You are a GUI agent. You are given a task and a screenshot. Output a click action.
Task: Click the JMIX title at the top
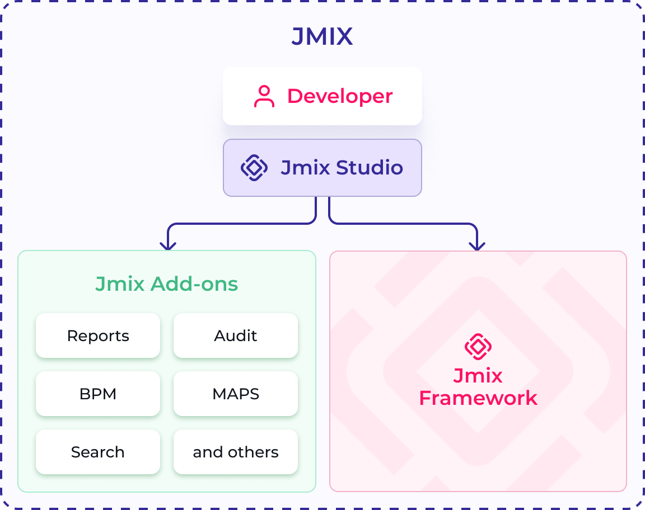(322, 37)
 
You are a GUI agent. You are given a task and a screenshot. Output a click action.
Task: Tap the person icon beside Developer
(264, 96)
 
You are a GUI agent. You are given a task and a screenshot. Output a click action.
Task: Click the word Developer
(340, 96)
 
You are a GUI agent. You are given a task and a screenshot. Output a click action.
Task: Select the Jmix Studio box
(322, 168)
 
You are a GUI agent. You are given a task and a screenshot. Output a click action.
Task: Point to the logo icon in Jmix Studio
(254, 168)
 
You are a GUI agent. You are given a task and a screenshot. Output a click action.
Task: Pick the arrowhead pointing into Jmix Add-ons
(167, 245)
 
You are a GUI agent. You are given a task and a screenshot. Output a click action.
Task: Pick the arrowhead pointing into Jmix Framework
(477, 245)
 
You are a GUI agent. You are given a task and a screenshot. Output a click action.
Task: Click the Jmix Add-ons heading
(166, 284)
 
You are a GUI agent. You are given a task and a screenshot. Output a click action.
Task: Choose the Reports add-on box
(98, 336)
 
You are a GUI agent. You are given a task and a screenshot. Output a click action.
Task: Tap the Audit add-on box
(236, 336)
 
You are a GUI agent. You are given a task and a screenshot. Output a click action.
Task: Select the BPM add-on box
(98, 394)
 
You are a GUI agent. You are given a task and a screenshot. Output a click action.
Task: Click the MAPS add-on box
(236, 394)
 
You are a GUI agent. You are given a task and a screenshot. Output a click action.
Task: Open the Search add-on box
(98, 452)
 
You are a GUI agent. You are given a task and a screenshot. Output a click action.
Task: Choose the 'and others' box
(236, 452)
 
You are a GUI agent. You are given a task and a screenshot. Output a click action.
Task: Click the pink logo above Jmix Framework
(478, 347)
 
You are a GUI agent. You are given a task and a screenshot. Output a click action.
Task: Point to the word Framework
(478, 398)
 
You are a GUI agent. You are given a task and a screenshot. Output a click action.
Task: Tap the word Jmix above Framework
(478, 376)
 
